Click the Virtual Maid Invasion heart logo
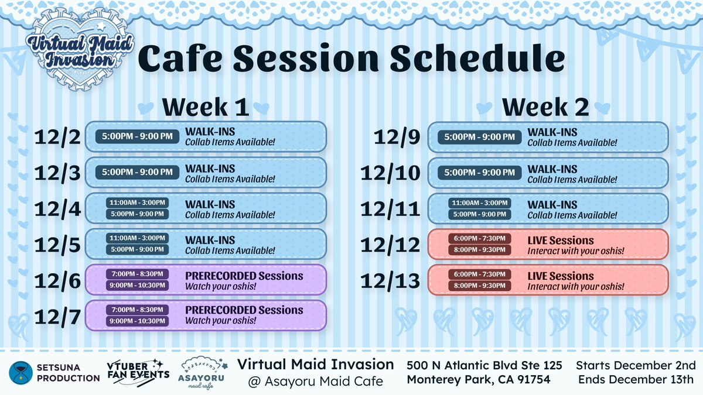click(x=80, y=50)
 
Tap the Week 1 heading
click(x=206, y=107)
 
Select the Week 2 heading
click(x=545, y=107)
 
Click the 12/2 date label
click(x=57, y=137)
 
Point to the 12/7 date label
click(x=57, y=317)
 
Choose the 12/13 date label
click(x=390, y=280)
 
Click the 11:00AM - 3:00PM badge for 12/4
click(x=137, y=202)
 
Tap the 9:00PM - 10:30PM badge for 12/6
click(x=137, y=286)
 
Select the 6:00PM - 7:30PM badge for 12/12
click(x=480, y=239)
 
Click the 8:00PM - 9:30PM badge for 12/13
click(x=480, y=286)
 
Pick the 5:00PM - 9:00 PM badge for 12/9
click(x=480, y=137)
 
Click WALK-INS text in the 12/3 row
click(x=210, y=169)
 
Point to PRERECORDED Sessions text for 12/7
click(x=244, y=310)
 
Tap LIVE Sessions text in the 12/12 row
click(x=561, y=241)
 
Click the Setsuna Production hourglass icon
click(x=21, y=373)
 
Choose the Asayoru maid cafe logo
click(x=202, y=373)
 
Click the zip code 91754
click(x=534, y=379)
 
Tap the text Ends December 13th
click(x=636, y=379)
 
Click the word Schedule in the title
click(x=477, y=59)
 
